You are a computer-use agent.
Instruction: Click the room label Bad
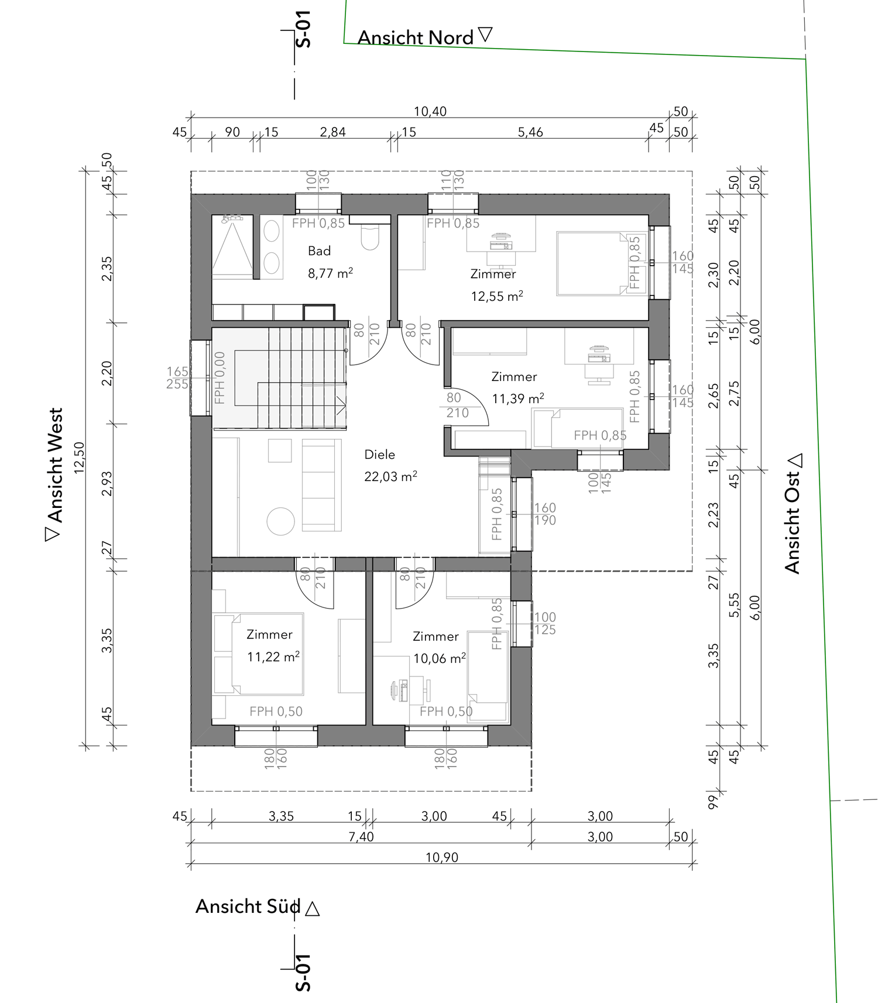tap(319, 251)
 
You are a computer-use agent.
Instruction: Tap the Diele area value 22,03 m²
tap(390, 476)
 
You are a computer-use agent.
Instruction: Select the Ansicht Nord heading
tap(416, 37)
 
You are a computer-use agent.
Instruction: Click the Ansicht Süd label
tap(248, 906)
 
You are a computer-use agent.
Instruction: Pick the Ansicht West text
tap(54, 465)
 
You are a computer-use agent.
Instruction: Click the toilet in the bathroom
tap(370, 236)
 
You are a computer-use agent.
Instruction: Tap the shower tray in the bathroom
tap(232, 246)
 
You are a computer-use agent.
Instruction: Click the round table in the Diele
tap(281, 521)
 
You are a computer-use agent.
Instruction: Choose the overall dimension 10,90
tap(442, 857)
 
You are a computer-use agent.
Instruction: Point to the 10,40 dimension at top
tap(430, 111)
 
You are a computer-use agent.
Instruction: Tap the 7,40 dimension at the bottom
tap(361, 837)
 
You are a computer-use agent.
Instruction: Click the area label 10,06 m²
tap(440, 658)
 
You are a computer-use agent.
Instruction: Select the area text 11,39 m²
tap(518, 399)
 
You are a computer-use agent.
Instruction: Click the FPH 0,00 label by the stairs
tap(220, 377)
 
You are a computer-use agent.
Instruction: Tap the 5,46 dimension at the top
tap(530, 132)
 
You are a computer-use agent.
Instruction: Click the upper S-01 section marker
tap(303, 29)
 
